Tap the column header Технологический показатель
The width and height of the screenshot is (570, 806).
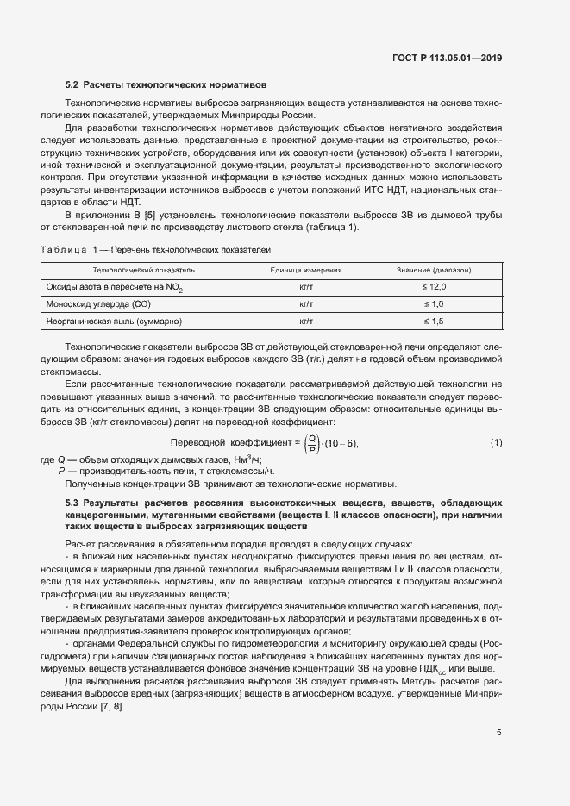click(143, 270)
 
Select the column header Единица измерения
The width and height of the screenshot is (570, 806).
click(305, 270)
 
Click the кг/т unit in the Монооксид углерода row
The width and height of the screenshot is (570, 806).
click(305, 303)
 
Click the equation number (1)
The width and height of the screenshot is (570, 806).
click(496, 443)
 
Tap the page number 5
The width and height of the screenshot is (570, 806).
click(498, 733)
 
